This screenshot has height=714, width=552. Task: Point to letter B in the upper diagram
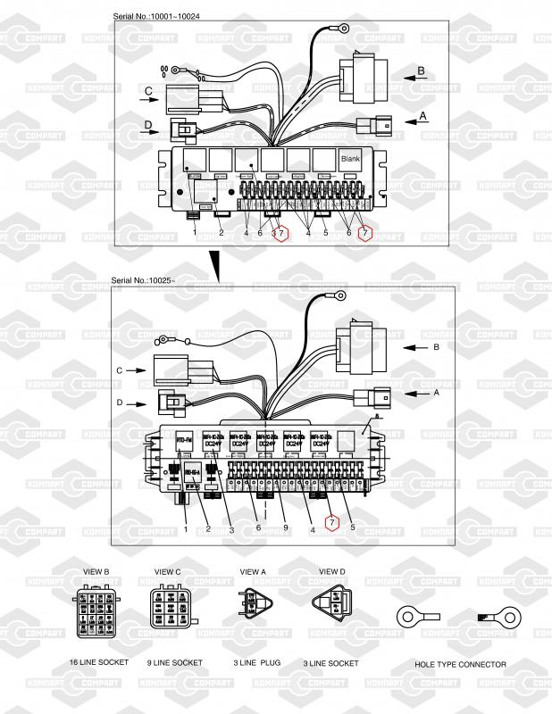coord(421,70)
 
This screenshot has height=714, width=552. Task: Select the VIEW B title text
coord(95,571)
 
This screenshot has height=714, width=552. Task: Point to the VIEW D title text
coord(332,571)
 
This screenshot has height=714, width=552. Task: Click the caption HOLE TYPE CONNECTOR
coord(460,664)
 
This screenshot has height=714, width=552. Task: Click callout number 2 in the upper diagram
coord(222,233)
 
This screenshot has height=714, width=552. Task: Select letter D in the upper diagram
coord(148,123)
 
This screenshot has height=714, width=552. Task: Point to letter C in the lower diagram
coord(119,369)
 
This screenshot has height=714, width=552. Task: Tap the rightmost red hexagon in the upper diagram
coord(364,233)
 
